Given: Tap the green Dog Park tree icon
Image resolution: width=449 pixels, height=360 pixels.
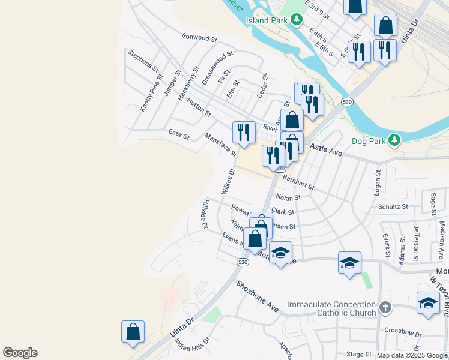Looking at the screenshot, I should (x=394, y=140).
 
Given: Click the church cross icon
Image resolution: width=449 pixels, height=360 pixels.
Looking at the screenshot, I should (x=385, y=308).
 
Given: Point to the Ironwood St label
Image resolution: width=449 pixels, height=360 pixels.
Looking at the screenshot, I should (x=199, y=38).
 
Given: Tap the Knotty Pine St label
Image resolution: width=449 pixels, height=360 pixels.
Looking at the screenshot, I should (x=152, y=93).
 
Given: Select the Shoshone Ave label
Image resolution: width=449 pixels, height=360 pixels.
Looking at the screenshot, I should (x=257, y=296).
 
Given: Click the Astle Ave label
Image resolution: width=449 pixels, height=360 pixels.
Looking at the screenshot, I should (x=326, y=149).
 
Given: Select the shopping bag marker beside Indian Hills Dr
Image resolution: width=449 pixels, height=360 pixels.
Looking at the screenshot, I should (x=133, y=331).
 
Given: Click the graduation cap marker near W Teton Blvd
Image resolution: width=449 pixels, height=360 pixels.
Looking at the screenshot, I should (x=427, y=303).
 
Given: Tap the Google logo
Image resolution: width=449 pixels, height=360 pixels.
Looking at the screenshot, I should (x=20, y=353).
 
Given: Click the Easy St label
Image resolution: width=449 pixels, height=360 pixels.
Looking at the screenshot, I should (x=179, y=134).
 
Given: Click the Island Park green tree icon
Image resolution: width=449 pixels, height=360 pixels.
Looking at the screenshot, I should (x=296, y=20).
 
